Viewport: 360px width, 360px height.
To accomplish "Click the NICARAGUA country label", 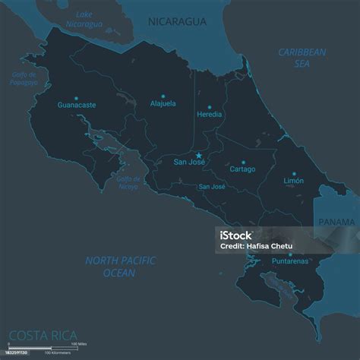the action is coord(178,22).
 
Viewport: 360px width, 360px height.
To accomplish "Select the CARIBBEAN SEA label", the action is coord(302,58).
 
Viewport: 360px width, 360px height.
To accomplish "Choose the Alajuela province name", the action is coord(163,103).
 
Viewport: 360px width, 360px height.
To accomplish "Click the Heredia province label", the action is coord(210,115).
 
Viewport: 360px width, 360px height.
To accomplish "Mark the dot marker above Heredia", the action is coord(210,106).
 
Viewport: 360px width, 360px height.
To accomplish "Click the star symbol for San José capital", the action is coord(200,155).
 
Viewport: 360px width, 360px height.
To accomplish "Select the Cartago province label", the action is coord(243,169).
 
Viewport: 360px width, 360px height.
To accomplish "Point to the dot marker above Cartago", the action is coord(243,161).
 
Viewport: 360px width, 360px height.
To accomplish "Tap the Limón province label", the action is coord(293,182).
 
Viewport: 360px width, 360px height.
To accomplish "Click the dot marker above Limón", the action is coord(294,173).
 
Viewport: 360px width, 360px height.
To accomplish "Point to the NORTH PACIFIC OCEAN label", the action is coord(120,266).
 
